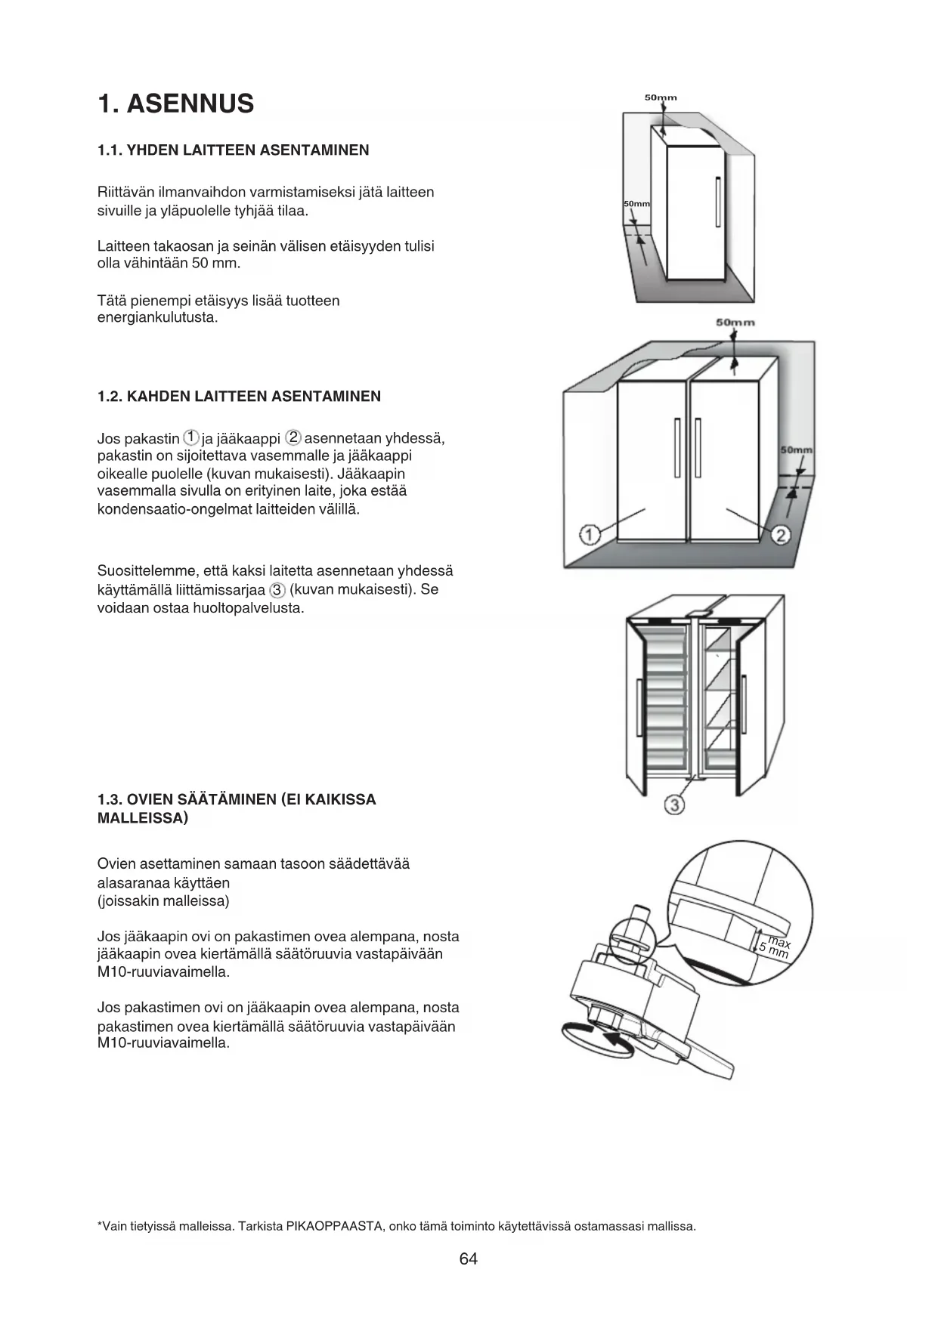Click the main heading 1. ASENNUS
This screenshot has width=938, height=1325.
coord(176,103)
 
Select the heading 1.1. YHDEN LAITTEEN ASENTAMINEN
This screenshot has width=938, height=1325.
coord(234,150)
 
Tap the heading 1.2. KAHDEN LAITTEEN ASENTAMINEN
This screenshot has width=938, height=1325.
coord(239,396)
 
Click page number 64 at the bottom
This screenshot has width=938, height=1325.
coord(469,1259)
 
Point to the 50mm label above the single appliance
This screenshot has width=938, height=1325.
coord(661,97)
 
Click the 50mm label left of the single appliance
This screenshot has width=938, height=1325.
coord(636,205)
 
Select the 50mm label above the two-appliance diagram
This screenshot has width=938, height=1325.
coord(735,323)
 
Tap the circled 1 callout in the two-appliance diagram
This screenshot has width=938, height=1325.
coord(590,535)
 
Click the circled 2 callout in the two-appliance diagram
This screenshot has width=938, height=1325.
coord(782,535)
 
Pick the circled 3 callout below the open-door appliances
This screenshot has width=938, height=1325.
coord(674,805)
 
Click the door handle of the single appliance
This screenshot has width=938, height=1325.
coord(717,201)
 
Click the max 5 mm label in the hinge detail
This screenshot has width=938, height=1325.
coord(775,947)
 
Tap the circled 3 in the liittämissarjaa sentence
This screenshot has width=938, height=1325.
coord(277,590)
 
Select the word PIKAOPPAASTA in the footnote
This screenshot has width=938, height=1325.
coord(333,1226)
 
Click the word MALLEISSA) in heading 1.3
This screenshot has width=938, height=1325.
coord(143,818)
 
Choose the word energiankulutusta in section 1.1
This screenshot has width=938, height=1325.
coord(157,318)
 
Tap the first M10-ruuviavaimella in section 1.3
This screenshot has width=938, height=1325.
coord(163,972)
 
